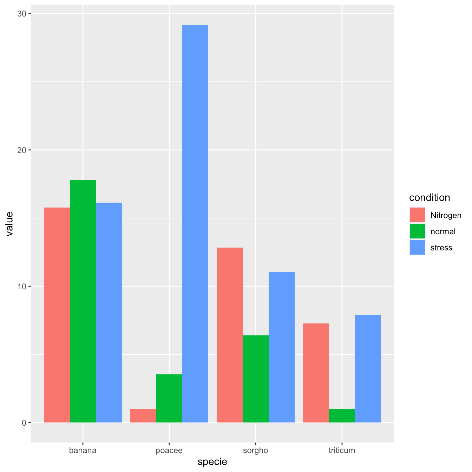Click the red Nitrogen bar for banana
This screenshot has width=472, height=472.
pyautogui.click(x=57, y=315)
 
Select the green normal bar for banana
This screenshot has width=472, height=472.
pyautogui.click(x=83, y=301)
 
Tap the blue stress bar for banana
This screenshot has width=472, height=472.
pyautogui.click(x=109, y=312)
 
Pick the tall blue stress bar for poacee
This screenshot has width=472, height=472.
pyautogui.click(x=195, y=223)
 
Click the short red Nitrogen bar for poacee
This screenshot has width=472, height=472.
pyautogui.click(x=143, y=415)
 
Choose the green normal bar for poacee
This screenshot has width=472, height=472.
pyautogui.click(x=169, y=398)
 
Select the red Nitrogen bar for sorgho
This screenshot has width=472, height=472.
pyautogui.click(x=230, y=335)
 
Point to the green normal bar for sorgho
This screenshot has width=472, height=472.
pyautogui.click(x=256, y=379)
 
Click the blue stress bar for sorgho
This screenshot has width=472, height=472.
pyautogui.click(x=282, y=347)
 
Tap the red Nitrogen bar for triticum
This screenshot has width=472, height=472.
pyautogui.click(x=316, y=373)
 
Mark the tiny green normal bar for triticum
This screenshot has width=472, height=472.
pyautogui.click(x=342, y=416)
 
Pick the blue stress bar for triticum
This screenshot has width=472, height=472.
pyautogui.click(x=368, y=368)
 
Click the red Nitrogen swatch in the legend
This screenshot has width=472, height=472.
pyautogui.click(x=417, y=215)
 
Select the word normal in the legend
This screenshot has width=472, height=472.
pyautogui.click(x=443, y=231)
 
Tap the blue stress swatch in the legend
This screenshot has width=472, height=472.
pyautogui.click(x=417, y=247)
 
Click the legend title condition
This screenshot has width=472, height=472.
pyautogui.click(x=430, y=197)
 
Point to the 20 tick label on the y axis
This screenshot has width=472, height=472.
pyautogui.click(x=22, y=150)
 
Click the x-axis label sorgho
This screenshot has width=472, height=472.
pyautogui.click(x=255, y=450)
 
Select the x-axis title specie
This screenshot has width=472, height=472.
pyautogui.click(x=212, y=461)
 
